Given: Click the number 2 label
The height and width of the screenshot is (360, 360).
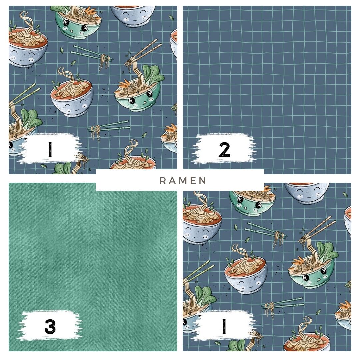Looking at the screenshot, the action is point(224,149).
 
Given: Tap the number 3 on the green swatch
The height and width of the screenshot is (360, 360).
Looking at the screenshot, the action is point(50,326).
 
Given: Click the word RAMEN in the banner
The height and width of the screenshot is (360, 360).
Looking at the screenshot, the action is point(183,181).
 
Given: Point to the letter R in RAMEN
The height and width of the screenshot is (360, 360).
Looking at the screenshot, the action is point(163,181).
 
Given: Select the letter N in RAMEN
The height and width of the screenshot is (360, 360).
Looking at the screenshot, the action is point(203,181).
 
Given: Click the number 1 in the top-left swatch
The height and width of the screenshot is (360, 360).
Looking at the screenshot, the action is point(50,149).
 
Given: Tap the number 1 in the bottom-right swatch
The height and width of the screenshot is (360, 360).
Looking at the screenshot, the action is point(224,326).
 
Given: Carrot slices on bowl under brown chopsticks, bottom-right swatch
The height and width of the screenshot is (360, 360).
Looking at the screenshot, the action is point(298,261).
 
